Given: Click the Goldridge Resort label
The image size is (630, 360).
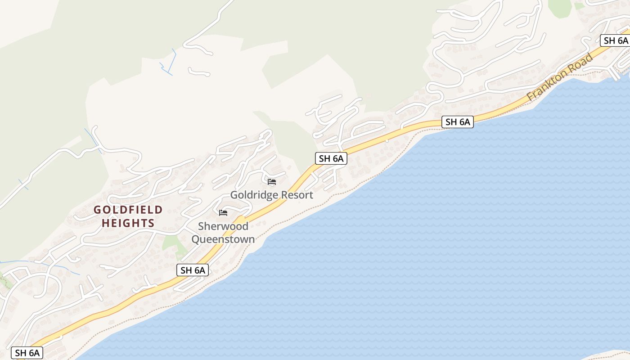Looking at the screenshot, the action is (271, 195).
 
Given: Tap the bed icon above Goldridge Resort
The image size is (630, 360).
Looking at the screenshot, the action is (272, 182).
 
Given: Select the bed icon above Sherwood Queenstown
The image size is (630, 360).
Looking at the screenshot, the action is (223, 213).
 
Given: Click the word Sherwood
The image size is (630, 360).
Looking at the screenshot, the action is (223, 226).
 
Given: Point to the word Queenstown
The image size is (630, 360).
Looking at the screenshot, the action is (223, 239).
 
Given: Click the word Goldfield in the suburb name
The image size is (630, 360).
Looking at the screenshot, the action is (128, 210).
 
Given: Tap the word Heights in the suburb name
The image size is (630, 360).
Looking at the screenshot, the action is (128, 223).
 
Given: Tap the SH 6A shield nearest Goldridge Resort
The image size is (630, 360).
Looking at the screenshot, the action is (331, 158).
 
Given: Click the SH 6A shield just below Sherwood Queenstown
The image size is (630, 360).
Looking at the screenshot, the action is (193, 270).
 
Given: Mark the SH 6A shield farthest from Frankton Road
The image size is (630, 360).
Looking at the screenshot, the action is (27, 353).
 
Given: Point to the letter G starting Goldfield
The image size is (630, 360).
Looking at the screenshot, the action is (97, 210).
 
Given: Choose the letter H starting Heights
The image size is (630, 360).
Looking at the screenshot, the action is (105, 223).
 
